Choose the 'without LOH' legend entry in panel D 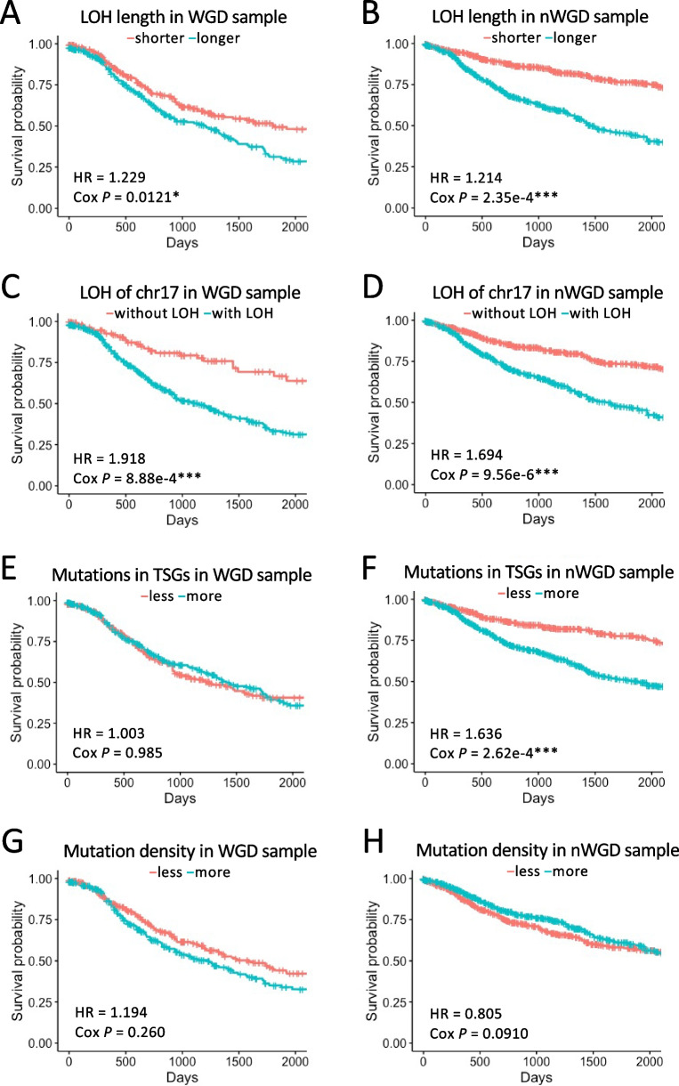pyautogui.click(x=504, y=315)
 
